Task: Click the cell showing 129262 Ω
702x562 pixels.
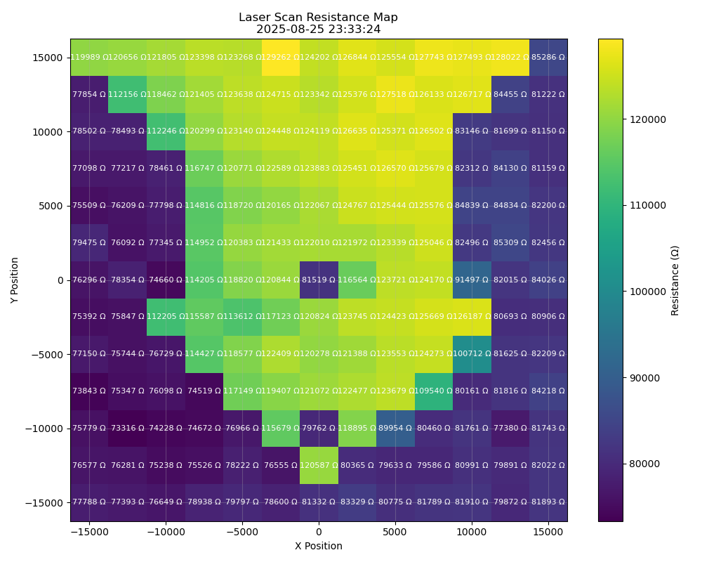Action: pos(280,58)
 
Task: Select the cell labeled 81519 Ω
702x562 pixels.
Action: pos(318,280)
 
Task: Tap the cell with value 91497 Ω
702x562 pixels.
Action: pos(471,280)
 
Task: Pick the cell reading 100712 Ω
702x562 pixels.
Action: pos(471,354)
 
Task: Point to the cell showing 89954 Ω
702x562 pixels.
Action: pos(395,428)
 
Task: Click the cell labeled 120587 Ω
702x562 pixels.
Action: pos(318,465)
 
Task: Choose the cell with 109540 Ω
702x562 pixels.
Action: pos(433,391)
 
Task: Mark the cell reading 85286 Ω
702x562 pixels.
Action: pos(548,58)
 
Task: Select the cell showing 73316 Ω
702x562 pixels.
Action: pos(127,428)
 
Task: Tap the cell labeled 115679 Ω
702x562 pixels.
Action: pos(280,428)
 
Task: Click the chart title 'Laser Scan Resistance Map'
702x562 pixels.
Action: pos(318,18)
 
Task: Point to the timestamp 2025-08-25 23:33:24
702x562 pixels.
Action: pos(318,30)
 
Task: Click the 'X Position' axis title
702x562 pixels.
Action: pos(318,546)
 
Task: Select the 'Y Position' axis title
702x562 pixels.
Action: pos(15,280)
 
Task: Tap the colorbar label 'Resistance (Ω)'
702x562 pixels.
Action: pos(675,280)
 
